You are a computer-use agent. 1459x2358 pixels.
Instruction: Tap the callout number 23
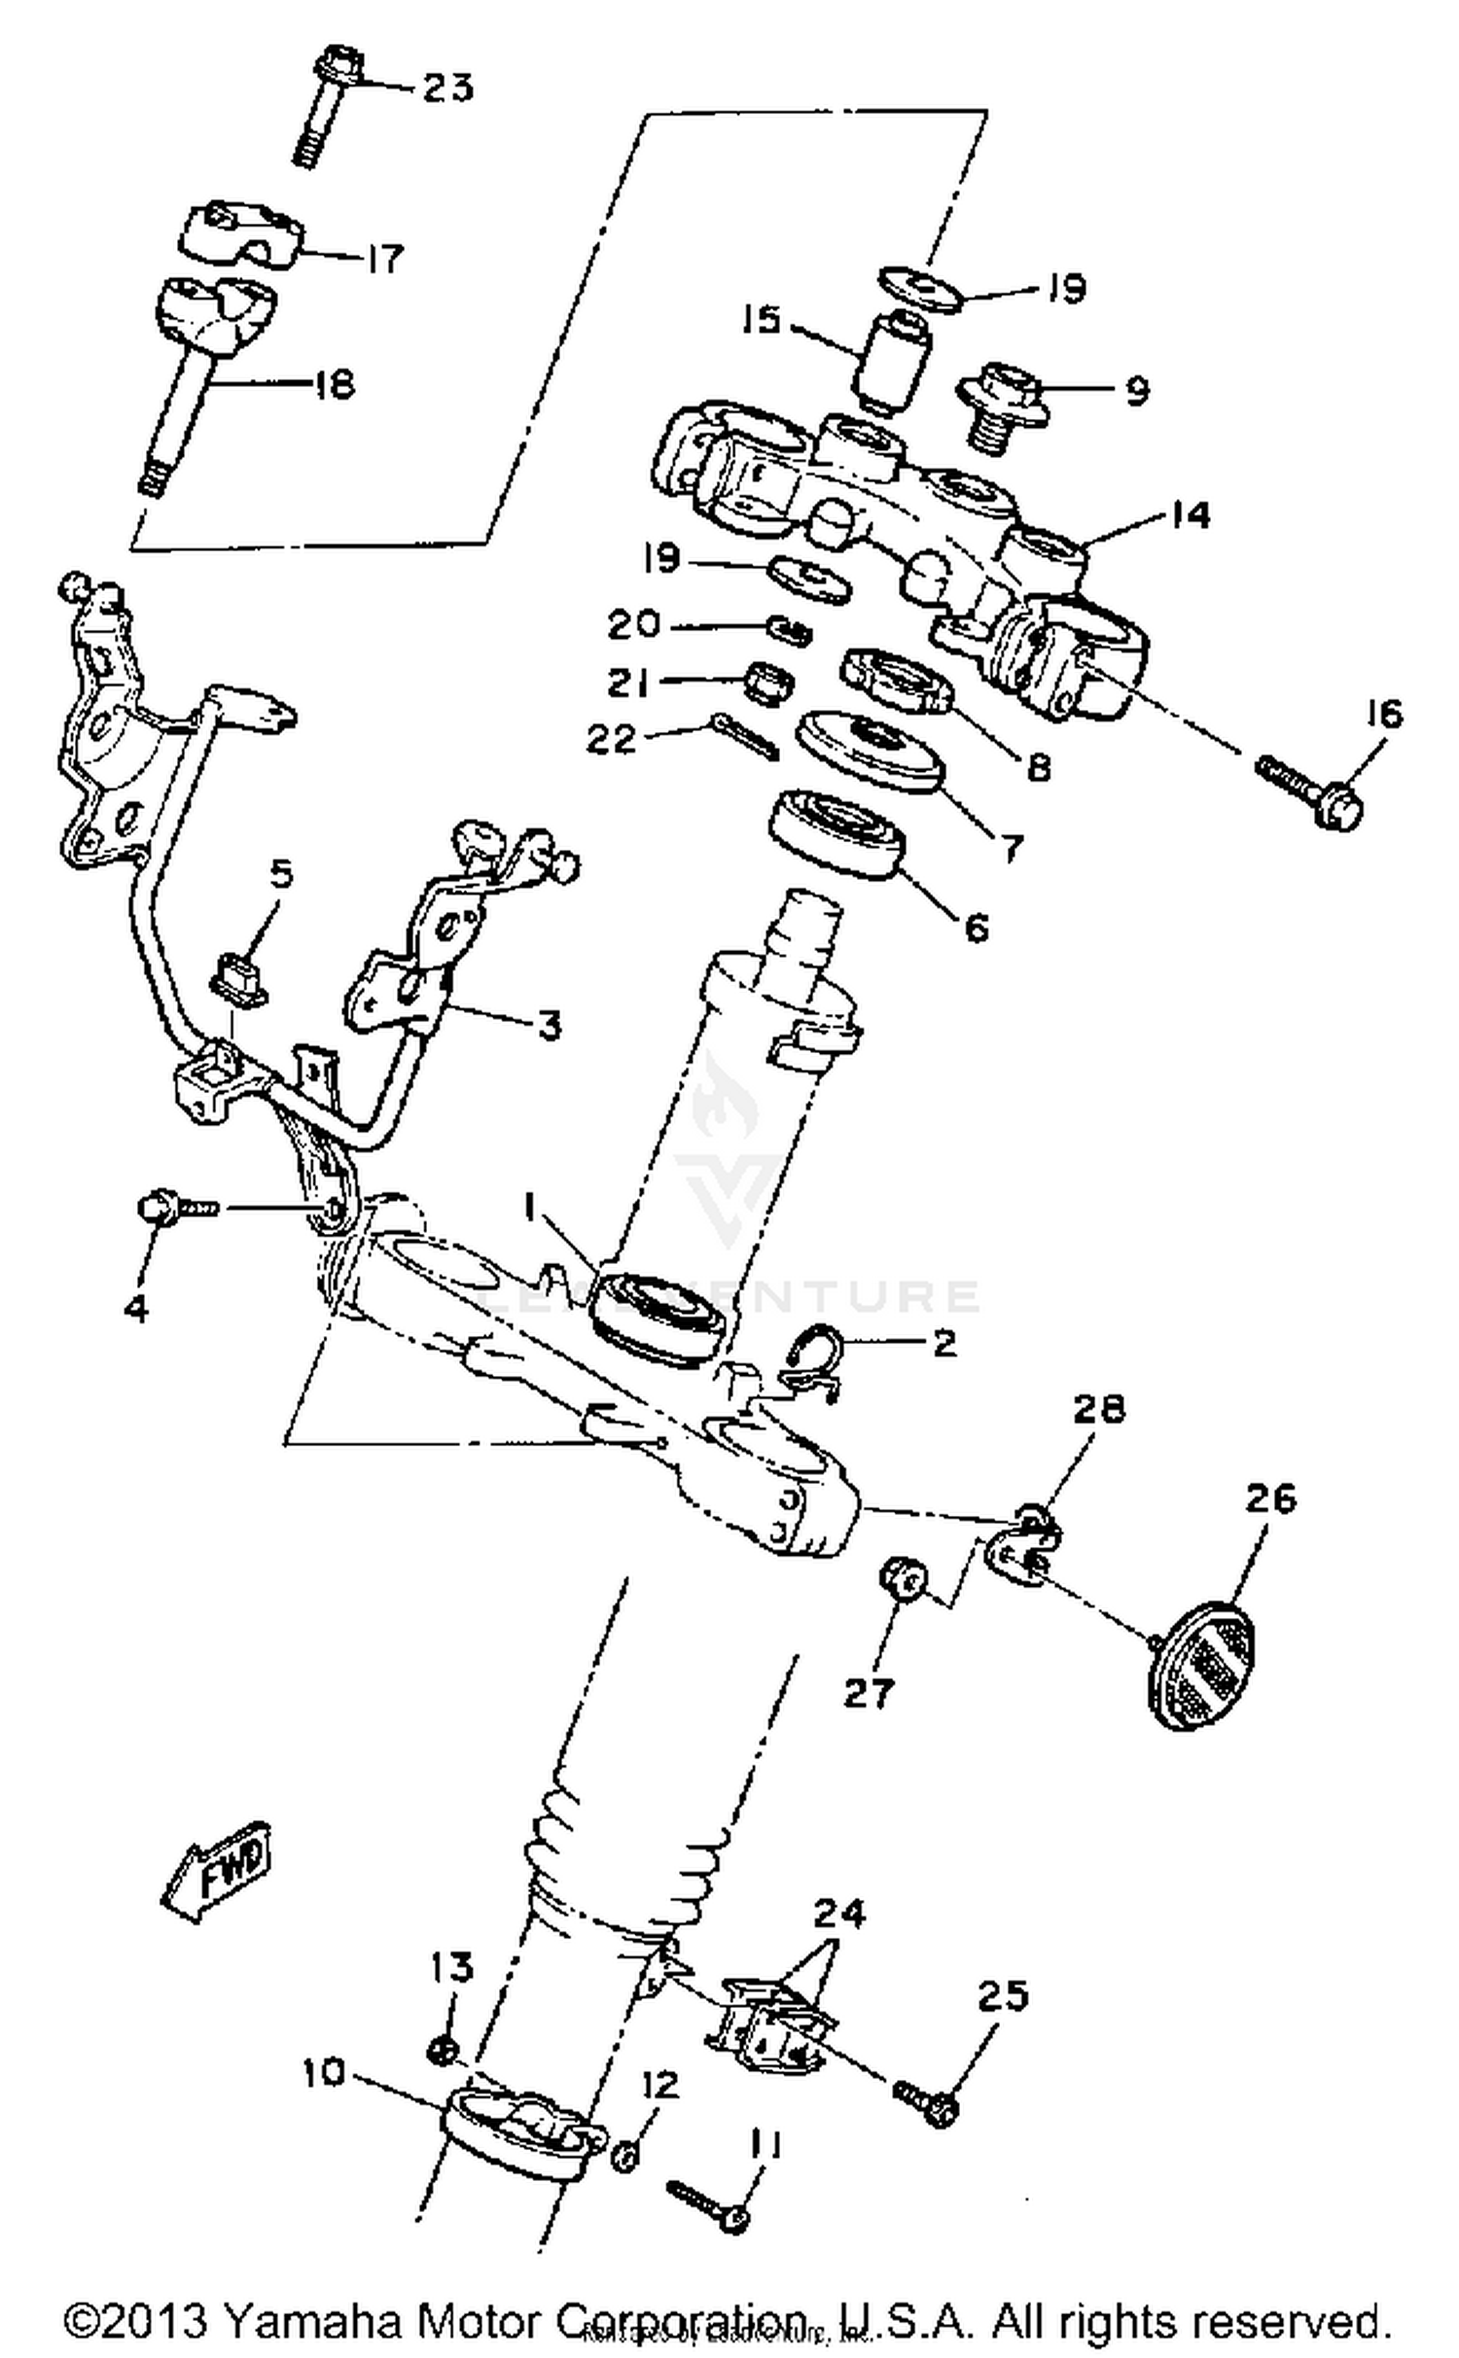(x=447, y=88)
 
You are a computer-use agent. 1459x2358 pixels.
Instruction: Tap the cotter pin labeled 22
(x=743, y=736)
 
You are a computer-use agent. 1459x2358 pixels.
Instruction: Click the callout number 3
(x=550, y=1025)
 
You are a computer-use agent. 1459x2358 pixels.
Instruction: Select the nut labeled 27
(x=902, y=1577)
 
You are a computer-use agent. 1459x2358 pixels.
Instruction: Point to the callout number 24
(x=837, y=1915)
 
